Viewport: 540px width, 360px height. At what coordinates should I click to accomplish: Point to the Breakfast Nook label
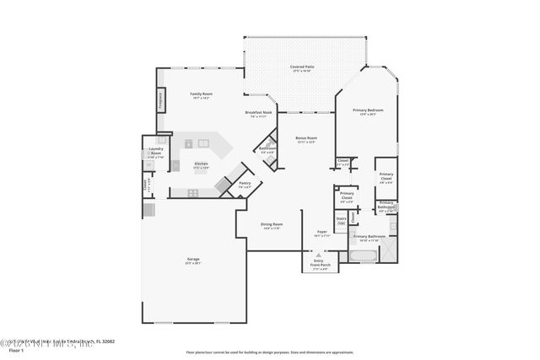pyautogui.click(x=258, y=112)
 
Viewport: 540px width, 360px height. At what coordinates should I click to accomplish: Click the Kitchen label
pyautogui.click(x=201, y=164)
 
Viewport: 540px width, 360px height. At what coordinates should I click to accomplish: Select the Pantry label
pyautogui.click(x=245, y=183)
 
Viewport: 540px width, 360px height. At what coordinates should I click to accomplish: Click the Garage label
pyautogui.click(x=193, y=260)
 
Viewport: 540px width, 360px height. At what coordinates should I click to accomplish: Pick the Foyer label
pyautogui.click(x=321, y=232)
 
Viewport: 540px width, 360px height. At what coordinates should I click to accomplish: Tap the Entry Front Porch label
pyautogui.click(x=320, y=263)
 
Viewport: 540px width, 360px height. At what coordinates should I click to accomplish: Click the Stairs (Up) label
pyautogui.click(x=341, y=220)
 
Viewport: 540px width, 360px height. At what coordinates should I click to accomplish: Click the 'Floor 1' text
pyautogui.click(x=9, y=347)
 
